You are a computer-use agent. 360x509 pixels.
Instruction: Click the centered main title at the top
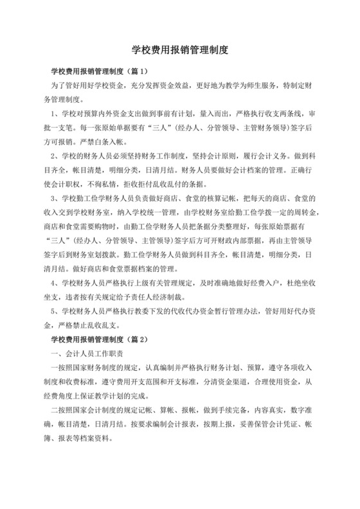180,49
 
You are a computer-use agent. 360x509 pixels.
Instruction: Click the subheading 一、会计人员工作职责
87,353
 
